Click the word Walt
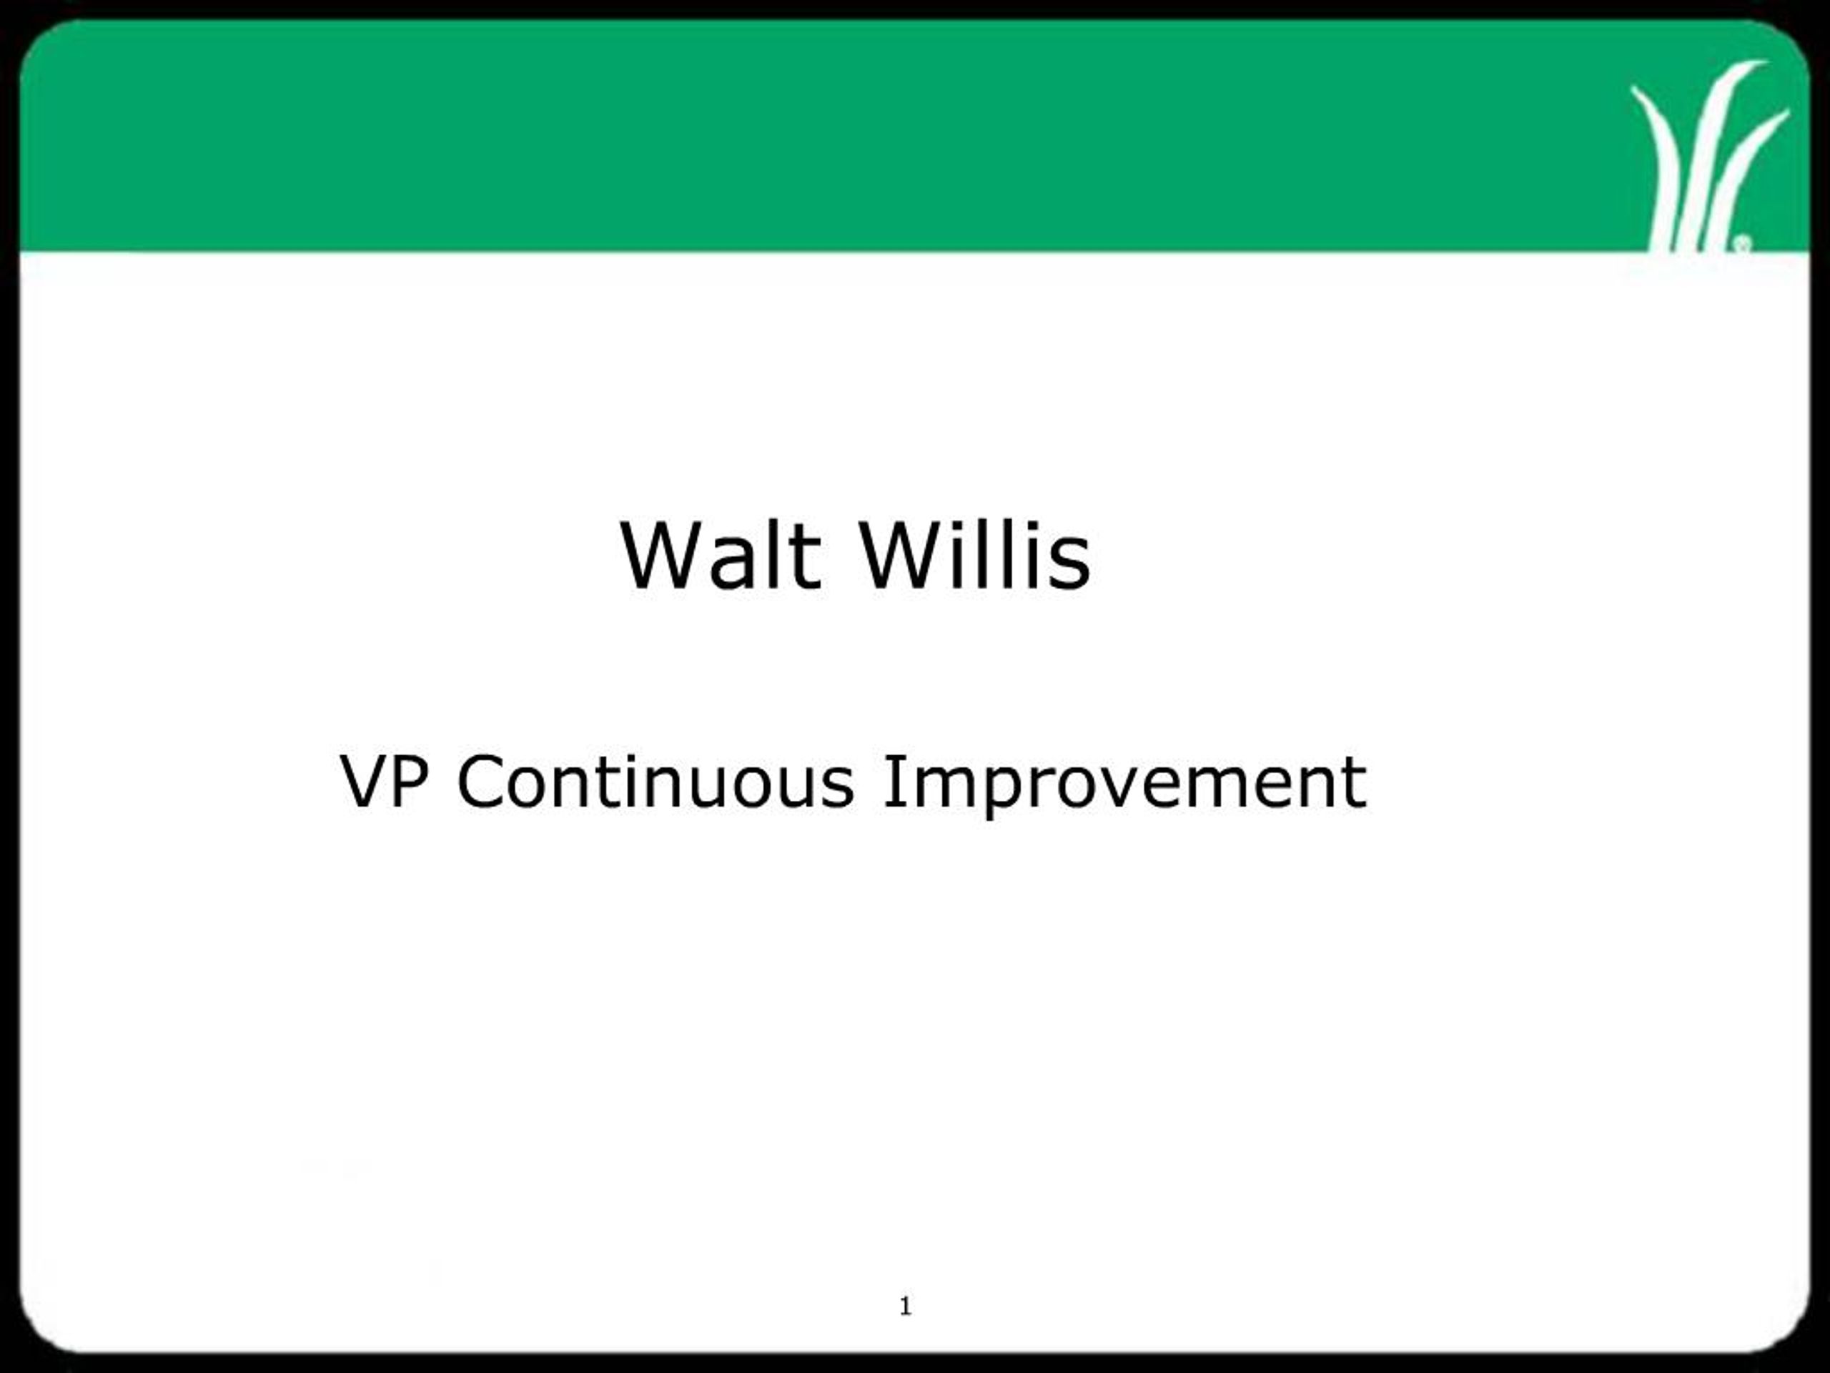tap(720, 556)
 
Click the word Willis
tap(976, 556)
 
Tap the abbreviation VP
tap(384, 782)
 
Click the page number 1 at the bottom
tap(905, 1306)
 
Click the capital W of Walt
tap(662, 556)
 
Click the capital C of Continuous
tap(479, 782)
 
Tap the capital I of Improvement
tap(891, 782)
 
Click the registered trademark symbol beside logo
tap(1741, 243)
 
